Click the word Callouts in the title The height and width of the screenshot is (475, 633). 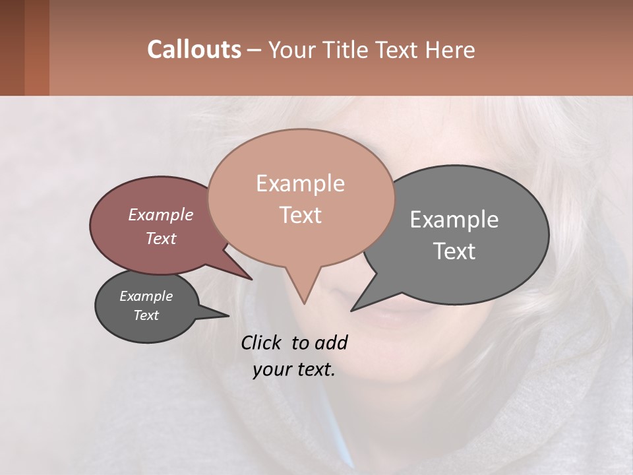(194, 49)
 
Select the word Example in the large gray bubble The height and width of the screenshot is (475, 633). (454, 220)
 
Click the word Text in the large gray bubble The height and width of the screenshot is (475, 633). (454, 251)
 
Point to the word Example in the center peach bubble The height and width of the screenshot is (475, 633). (300, 183)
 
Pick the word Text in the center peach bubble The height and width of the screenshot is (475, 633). (300, 215)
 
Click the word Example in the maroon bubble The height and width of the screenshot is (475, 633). (160, 215)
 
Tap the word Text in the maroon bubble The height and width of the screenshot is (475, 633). (160, 239)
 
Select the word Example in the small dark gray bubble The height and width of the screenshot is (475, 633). (146, 296)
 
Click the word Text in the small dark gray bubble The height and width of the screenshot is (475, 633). (146, 315)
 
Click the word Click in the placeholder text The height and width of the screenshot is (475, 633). (262, 342)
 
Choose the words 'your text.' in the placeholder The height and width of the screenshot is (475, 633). (293, 369)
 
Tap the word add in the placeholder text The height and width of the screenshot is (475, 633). (331, 342)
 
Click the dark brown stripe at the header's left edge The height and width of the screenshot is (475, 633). (12, 47)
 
